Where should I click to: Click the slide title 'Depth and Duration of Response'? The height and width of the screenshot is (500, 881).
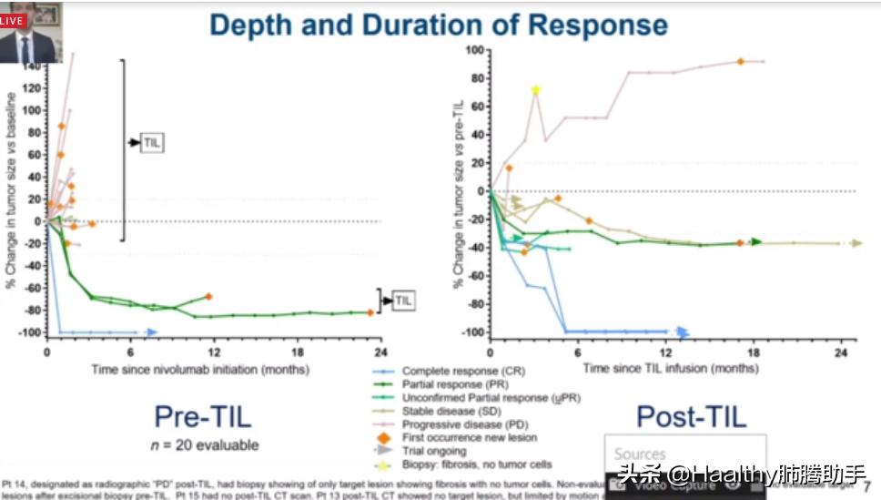439,25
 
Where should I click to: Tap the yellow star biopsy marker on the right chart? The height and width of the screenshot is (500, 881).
536,89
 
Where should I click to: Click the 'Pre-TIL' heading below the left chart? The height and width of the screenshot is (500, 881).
202,417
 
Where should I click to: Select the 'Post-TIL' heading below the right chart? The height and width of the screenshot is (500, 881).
692,417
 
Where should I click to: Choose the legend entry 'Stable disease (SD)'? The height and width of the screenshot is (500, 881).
451,412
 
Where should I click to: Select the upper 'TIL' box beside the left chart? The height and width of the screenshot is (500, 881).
152,143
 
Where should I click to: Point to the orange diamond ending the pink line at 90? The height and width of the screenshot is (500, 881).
741,61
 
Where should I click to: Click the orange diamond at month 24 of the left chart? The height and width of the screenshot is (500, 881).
370,312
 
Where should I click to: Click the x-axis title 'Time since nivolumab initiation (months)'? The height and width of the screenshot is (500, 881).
200,369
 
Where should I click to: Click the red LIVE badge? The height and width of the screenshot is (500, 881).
13,19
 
